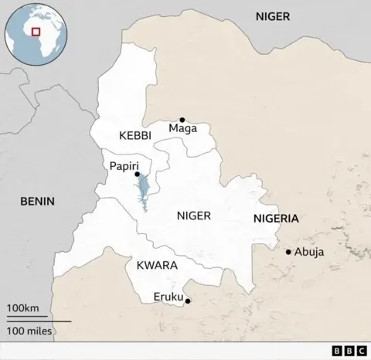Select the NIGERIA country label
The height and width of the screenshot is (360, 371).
pyautogui.click(x=275, y=219)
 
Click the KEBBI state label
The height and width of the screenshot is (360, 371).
pyautogui.click(x=135, y=135)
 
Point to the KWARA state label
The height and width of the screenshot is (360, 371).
pyautogui.click(x=157, y=265)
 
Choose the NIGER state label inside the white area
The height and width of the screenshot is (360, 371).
pyautogui.click(x=193, y=216)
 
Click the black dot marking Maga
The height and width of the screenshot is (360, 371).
pyautogui.click(x=182, y=120)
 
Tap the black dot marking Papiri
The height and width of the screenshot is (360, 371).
pyautogui.click(x=138, y=175)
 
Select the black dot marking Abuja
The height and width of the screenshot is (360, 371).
pyautogui.click(x=288, y=252)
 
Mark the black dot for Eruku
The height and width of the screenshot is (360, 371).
pyautogui.click(x=188, y=301)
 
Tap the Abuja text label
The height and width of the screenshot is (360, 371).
pyautogui.click(x=309, y=252)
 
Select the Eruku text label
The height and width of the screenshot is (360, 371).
pyautogui.click(x=168, y=296)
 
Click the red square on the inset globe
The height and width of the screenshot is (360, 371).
pyautogui.click(x=36, y=32)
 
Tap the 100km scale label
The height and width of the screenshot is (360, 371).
pyautogui.click(x=23, y=309)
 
